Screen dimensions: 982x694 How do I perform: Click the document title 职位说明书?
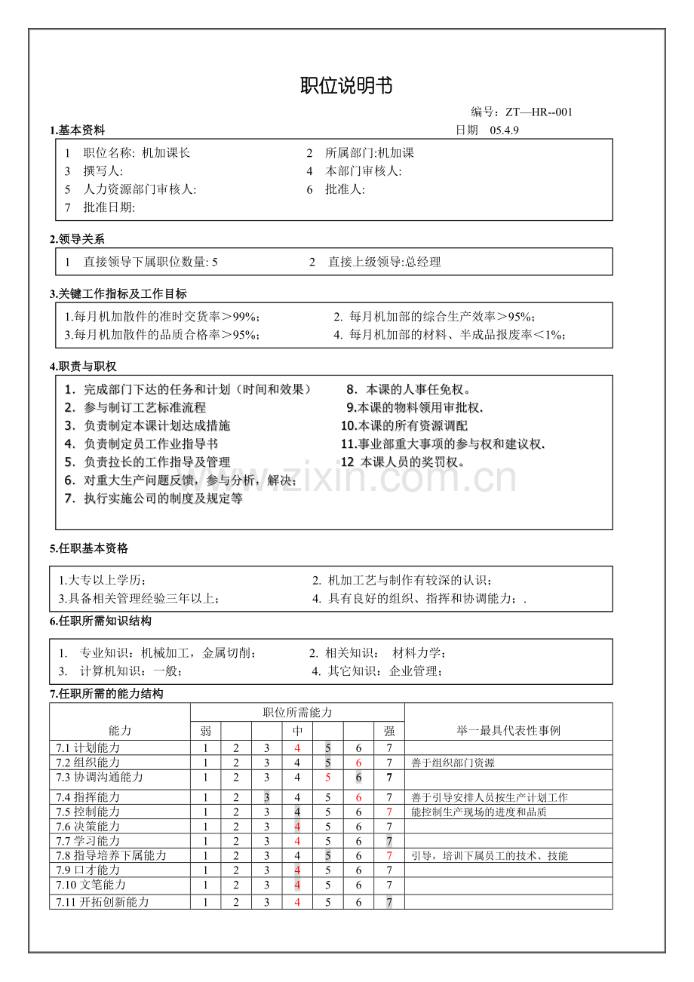(x=346, y=86)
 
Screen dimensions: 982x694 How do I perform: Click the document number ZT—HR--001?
(x=539, y=112)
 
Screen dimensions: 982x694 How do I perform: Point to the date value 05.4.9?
(x=505, y=130)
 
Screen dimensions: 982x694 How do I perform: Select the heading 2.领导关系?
(x=77, y=240)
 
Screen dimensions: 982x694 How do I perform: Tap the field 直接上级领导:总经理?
(x=384, y=262)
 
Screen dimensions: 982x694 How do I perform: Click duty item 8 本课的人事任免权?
(x=408, y=390)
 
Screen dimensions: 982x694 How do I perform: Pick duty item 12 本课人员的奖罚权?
(x=403, y=462)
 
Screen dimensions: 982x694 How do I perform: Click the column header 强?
(x=389, y=731)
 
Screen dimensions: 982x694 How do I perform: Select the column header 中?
(x=297, y=731)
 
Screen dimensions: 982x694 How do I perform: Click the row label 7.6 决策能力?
(x=88, y=827)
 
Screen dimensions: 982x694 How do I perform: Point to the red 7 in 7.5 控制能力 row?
(x=389, y=812)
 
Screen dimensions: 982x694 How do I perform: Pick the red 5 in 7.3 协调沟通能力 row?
(x=328, y=778)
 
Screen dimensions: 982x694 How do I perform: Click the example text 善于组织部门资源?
(x=453, y=763)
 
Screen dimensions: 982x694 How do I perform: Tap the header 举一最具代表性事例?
(x=508, y=731)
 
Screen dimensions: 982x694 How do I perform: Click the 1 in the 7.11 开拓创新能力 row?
(x=205, y=903)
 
